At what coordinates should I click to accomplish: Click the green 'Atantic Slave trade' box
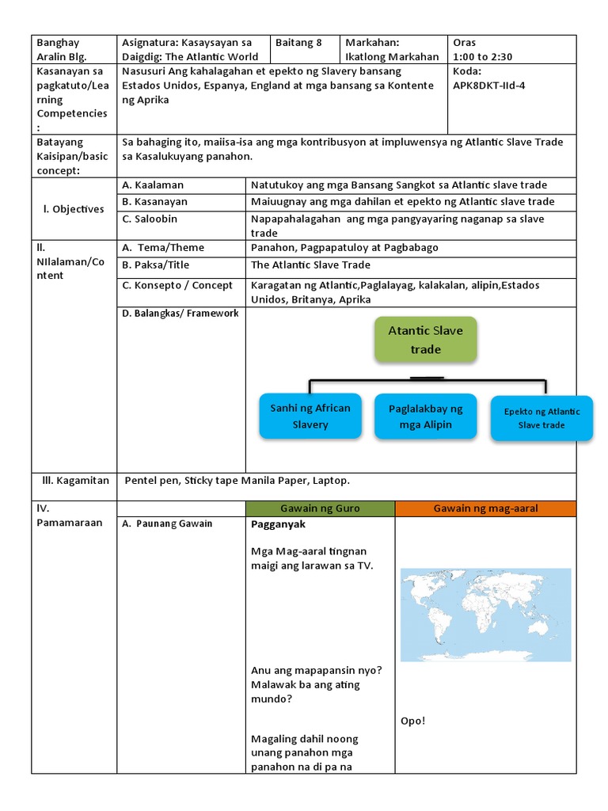pyautogui.click(x=426, y=340)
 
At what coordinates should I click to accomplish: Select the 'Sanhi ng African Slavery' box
pyautogui.click(x=310, y=417)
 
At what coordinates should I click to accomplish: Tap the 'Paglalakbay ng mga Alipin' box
pyautogui.click(x=425, y=417)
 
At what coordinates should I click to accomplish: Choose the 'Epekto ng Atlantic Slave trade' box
pyautogui.click(x=541, y=418)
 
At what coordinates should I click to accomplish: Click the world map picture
pyautogui.click(x=485, y=614)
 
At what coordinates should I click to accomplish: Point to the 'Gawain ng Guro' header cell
pyautogui.click(x=320, y=508)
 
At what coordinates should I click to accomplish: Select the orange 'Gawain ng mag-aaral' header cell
pyautogui.click(x=485, y=508)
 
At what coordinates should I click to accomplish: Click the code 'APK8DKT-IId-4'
pyautogui.click(x=488, y=86)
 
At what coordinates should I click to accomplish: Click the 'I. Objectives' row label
pyautogui.click(x=74, y=209)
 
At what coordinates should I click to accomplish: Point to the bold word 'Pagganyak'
pyautogui.click(x=278, y=524)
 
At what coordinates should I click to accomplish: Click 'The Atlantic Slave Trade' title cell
pyautogui.click(x=310, y=265)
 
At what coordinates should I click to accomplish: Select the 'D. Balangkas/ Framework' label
pyautogui.click(x=180, y=314)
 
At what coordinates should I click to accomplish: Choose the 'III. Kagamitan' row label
pyautogui.click(x=75, y=481)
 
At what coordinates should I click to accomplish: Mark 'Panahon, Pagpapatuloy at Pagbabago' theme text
pyautogui.click(x=344, y=247)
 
